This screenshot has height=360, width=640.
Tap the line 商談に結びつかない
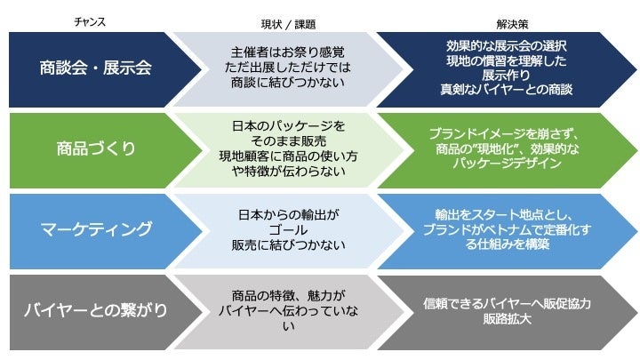pos(284,82)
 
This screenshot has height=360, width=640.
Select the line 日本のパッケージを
pos(284,126)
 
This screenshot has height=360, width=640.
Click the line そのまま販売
pos(284,141)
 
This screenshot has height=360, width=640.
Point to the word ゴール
pos(284,229)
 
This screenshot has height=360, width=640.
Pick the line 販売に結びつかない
pos(284,245)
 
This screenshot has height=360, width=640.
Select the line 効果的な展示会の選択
pos(507,44)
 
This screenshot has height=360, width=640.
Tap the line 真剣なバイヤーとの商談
pos(507,90)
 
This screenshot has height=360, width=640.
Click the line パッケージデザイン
pos(507,164)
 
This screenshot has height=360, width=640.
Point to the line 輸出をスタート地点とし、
pos(507,214)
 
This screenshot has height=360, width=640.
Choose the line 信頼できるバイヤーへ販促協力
pos(507,304)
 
